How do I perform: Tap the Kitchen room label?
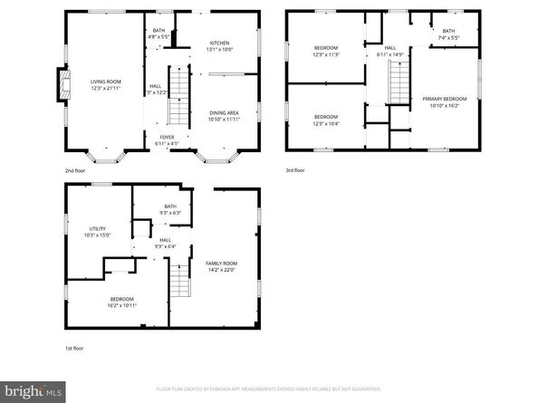point(220,43)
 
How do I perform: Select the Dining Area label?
point(223,113)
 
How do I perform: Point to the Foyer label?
point(167,138)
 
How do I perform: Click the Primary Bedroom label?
point(444,99)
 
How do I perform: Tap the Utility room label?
point(98,228)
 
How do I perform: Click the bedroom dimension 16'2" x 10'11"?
point(122,305)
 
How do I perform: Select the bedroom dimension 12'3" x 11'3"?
point(326,53)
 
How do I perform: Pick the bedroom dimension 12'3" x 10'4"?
point(326,122)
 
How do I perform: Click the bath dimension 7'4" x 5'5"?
point(449,38)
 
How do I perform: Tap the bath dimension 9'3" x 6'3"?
point(170,213)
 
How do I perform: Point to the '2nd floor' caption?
point(74,169)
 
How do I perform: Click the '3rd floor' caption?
point(295,169)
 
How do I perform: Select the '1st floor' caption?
point(74,348)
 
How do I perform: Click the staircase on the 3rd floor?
point(397,89)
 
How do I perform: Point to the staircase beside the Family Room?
point(181,279)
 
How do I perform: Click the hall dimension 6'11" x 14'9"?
point(390,53)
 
